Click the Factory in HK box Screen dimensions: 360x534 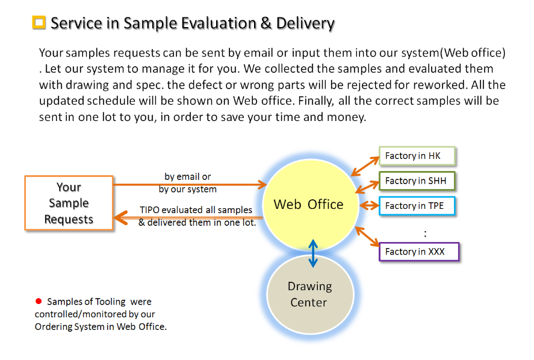point(417,156)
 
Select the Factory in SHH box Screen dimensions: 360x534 point(417,181)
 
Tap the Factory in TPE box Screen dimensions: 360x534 point(417,206)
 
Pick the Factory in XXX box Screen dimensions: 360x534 point(418,252)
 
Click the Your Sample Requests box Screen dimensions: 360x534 point(69,203)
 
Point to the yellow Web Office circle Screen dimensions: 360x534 point(308,204)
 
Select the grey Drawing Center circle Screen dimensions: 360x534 point(309,294)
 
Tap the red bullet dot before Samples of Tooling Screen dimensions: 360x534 point(39,301)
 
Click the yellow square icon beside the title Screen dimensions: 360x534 point(39,23)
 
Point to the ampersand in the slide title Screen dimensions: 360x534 point(264,23)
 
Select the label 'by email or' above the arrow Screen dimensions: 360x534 point(188,177)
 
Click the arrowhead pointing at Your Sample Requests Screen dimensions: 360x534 point(120,216)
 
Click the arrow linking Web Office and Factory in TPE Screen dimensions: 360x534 point(369,205)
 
